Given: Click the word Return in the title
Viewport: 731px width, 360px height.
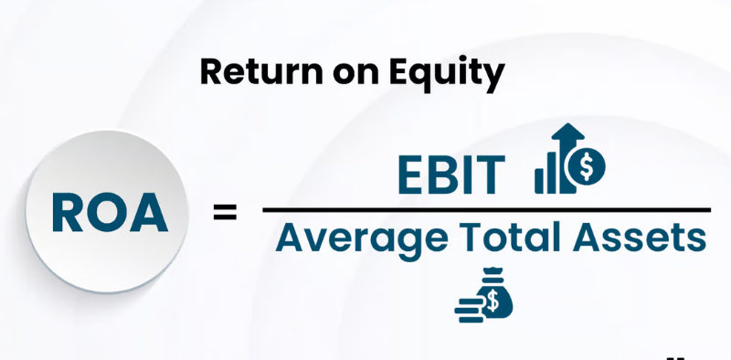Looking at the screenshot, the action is (x=261, y=72).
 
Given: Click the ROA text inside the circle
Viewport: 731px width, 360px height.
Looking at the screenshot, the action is (x=110, y=213).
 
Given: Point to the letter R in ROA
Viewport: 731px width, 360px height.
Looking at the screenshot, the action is (x=67, y=213).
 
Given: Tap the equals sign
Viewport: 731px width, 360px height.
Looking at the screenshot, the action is (x=225, y=212).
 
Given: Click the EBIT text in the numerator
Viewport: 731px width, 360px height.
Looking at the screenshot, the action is (x=451, y=175).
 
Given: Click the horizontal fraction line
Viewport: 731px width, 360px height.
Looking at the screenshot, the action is (x=486, y=210).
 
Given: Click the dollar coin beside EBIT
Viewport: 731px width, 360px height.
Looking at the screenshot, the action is (x=587, y=166).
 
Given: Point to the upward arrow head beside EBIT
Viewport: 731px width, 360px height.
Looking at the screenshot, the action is (x=567, y=132).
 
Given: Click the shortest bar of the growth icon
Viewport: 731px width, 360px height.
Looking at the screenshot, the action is (x=540, y=181).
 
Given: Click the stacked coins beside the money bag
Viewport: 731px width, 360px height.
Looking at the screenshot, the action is (x=468, y=311).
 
